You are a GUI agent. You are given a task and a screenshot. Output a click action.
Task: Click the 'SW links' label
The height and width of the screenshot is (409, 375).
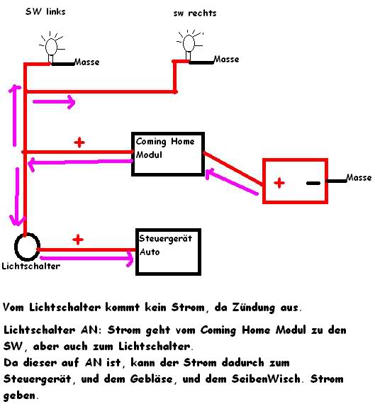coord(45,11)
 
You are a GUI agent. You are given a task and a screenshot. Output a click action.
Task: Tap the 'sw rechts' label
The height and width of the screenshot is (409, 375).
coord(195,13)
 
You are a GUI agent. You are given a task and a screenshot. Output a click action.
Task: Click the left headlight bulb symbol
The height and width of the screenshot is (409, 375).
coord(51,47)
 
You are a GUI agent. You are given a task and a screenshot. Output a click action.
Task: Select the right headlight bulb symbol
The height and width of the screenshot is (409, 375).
coord(189,45)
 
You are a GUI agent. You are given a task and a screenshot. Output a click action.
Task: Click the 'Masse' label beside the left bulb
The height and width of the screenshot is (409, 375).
coord(87,62)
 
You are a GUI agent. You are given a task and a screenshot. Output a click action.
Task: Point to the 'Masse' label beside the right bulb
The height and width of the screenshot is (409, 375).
coord(226,60)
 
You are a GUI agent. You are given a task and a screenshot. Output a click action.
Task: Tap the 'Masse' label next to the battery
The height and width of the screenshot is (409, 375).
coord(359,178)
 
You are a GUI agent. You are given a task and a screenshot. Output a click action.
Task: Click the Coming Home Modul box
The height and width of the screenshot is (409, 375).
coord(168,133)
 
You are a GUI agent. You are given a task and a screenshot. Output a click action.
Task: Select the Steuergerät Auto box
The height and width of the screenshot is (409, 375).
coord(169,229)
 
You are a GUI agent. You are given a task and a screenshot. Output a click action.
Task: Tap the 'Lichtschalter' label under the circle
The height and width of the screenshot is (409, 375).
coord(31,266)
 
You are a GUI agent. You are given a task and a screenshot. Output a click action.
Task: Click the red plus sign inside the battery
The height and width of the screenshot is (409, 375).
coord(279,183)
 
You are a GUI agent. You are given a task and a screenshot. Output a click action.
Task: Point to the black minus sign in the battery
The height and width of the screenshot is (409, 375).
coord(313,183)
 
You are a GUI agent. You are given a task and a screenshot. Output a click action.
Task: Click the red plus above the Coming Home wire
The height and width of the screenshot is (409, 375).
coord(79,142)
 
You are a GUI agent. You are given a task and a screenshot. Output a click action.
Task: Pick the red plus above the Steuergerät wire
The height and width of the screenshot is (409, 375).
coord(78,240)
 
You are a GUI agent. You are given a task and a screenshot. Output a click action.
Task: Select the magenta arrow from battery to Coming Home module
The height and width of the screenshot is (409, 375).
coord(232,181)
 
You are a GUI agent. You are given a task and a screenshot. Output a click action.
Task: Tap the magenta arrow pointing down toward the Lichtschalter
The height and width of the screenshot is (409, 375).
coord(17,196)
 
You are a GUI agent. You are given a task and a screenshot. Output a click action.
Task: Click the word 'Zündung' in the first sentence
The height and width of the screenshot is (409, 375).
coord(253,308)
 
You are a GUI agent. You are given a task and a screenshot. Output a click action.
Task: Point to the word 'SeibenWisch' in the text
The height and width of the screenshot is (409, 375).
coord(266,379)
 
